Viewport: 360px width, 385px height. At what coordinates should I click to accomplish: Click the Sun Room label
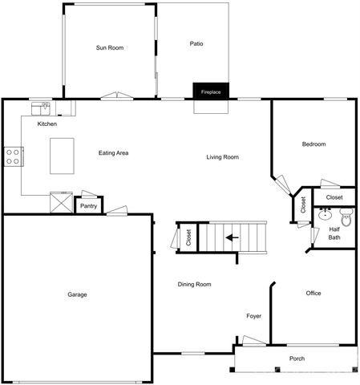(x=109, y=48)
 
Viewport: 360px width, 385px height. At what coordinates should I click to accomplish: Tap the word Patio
(x=196, y=43)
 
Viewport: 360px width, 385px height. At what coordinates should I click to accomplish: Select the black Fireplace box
(x=211, y=91)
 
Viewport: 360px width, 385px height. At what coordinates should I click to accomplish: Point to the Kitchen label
(x=47, y=124)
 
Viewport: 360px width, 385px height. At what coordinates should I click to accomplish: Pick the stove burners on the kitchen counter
(x=13, y=156)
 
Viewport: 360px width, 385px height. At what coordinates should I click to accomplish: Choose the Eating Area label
(x=113, y=153)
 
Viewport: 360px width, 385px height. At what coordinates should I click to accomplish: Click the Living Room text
(x=222, y=157)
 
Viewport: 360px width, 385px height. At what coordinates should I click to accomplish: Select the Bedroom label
(x=313, y=144)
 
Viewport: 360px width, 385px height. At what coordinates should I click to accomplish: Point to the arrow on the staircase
(x=233, y=237)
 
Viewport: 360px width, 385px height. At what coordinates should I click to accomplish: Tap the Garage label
(x=77, y=294)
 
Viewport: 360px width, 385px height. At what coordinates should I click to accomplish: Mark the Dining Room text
(x=194, y=284)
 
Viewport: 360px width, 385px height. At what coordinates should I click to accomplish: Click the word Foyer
(x=253, y=315)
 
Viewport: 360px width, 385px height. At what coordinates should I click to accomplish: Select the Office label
(x=313, y=293)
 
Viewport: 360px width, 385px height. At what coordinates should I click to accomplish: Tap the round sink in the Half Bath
(x=326, y=215)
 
